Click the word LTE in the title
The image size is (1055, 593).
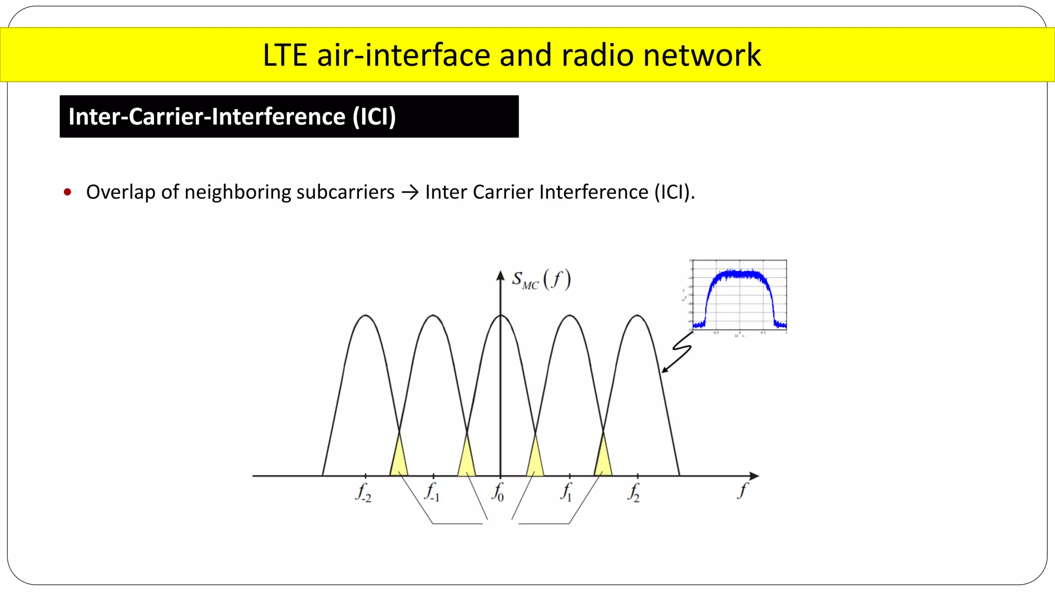[285, 55]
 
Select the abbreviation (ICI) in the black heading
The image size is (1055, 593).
[374, 116]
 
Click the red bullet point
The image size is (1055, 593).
[67, 193]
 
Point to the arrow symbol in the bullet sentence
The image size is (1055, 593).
[410, 193]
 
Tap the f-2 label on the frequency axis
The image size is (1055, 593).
[363, 492]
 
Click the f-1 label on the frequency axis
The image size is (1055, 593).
[432, 492]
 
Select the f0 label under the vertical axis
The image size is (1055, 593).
[498, 492]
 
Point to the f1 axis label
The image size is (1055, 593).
[567, 492]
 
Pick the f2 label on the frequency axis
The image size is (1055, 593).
[634, 492]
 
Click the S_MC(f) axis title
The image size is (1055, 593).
[541, 280]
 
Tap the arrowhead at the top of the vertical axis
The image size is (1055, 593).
[500, 276]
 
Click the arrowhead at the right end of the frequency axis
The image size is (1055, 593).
[754, 476]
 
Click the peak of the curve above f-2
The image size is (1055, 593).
[366, 316]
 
